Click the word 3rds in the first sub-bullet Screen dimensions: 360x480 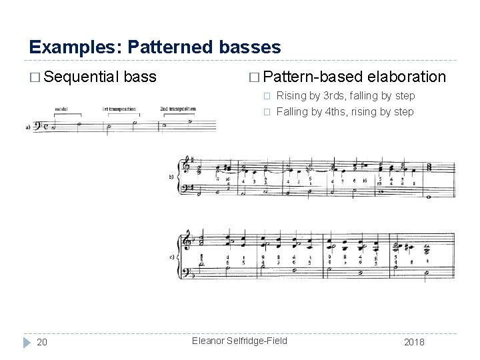coord(340,96)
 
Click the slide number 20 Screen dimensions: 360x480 coord(41,342)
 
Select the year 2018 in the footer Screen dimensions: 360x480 coord(413,342)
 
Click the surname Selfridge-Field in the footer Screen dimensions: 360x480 coord(256,341)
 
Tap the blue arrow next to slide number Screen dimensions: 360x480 coord(26,342)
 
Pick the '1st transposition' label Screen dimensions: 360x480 coord(119,108)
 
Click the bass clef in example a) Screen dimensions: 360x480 coord(37,125)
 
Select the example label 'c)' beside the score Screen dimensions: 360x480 coord(172,257)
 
